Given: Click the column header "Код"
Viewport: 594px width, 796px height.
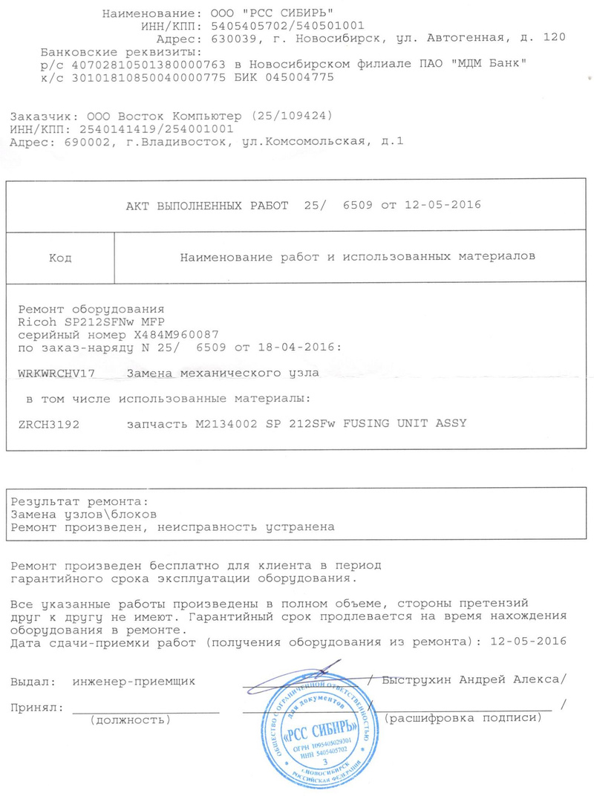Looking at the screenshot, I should (x=60, y=258).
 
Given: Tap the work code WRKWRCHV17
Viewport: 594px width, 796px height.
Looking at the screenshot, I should (x=56, y=373).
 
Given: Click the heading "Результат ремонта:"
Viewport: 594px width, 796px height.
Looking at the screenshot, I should (x=80, y=502).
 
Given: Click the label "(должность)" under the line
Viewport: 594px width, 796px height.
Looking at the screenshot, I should (x=129, y=720).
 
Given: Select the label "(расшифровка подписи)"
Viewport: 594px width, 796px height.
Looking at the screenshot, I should (x=460, y=718).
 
